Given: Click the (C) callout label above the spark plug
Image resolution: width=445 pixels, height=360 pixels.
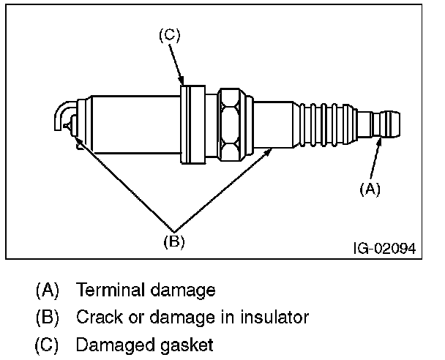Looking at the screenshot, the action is pos(170,35).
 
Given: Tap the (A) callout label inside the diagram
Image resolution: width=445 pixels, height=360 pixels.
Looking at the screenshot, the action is pos(370,189).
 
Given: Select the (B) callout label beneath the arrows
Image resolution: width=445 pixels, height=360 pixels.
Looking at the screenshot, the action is pos(174,241).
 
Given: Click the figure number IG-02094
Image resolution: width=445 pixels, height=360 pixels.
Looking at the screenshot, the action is pos(384,249).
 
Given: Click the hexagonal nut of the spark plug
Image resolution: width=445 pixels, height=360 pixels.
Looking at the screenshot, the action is pos(230,124).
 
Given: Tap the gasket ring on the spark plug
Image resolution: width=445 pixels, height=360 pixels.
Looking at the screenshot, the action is pos(193,124).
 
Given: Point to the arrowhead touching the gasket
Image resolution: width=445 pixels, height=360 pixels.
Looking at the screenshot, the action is pos(182,80).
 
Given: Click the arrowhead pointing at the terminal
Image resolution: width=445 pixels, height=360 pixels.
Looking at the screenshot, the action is pos(379,142).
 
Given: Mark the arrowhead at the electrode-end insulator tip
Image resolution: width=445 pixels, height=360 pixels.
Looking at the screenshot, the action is pos(78,140).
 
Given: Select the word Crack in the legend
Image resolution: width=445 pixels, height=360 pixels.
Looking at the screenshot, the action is pos(100,317).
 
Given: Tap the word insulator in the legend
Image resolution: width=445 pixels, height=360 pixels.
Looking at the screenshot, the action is pos(274,317).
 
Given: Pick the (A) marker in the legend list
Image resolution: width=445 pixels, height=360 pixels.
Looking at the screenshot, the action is pos(47,290).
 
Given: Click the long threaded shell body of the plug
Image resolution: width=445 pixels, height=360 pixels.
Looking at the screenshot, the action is pos(136,124).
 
